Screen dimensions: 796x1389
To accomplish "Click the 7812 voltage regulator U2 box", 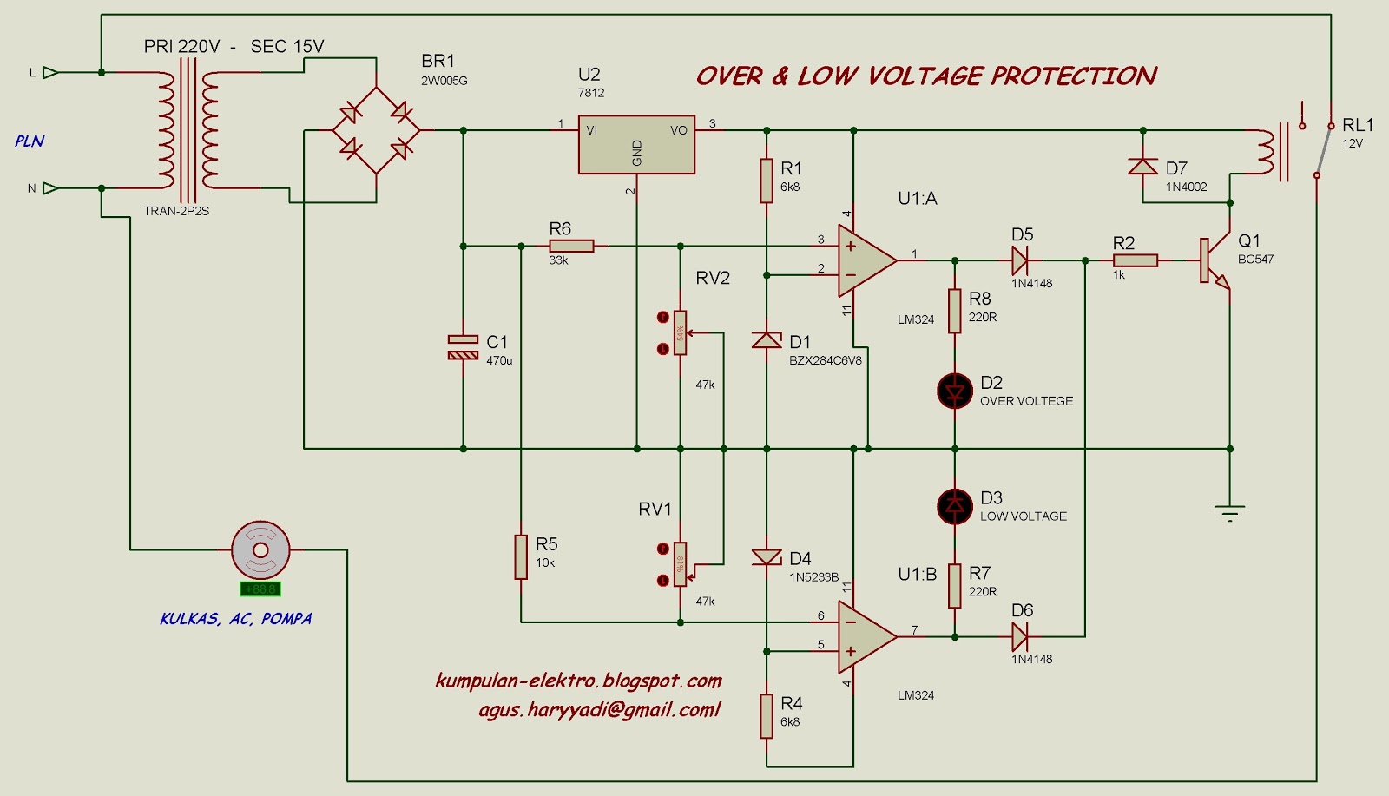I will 636,144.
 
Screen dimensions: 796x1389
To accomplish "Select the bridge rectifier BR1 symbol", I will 376,130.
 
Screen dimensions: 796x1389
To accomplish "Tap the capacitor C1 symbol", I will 463,347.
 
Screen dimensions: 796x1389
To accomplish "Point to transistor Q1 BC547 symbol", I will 1215,260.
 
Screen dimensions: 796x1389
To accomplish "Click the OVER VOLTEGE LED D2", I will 955,391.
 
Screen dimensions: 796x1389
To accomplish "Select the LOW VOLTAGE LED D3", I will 955,506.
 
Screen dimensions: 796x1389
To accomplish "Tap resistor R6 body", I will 571,247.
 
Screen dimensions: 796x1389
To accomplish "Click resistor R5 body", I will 520,556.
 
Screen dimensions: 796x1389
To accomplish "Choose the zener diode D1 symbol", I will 767,340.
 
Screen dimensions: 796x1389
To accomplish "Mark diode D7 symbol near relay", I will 1142,167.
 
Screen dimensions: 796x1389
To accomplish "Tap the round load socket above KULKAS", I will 260,549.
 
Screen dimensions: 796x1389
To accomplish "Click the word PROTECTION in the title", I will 1074,76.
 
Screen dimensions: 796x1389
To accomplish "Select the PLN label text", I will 29,141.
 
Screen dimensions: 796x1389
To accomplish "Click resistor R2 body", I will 1135,260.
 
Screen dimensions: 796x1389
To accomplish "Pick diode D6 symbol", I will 1020,637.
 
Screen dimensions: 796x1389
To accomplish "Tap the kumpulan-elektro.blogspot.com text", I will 578,681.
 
